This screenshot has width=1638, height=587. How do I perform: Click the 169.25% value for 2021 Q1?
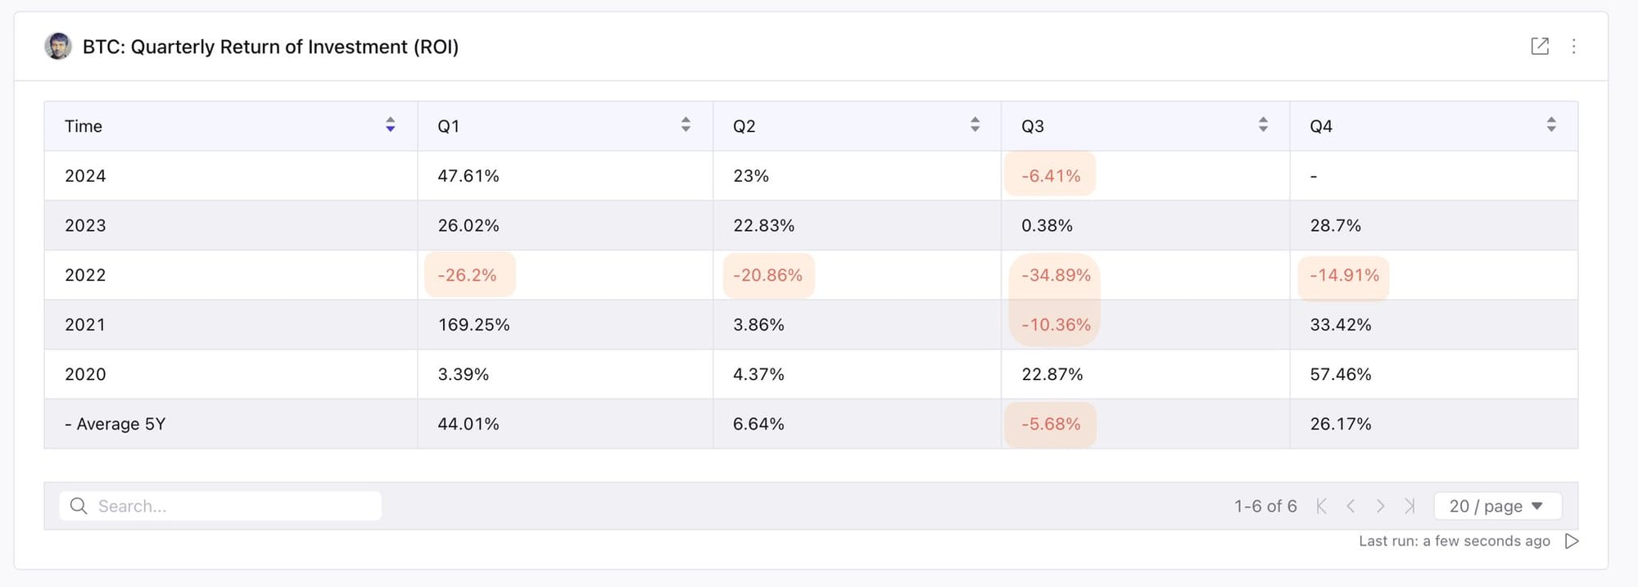point(473,325)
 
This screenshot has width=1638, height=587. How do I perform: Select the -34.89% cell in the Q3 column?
point(1056,275)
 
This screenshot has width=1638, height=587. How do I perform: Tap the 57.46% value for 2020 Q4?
point(1340,374)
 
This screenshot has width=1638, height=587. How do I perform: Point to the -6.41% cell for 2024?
point(1051,176)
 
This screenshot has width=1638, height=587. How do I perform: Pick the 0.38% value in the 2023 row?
point(1047,225)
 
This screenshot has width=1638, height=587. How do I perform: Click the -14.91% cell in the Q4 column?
point(1344,275)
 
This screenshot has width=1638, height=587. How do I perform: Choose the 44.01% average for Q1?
point(468,424)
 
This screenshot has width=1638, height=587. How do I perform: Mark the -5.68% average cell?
point(1051,424)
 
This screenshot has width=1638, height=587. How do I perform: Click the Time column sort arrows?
point(391,124)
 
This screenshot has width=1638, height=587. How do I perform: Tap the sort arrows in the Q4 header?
point(1551,124)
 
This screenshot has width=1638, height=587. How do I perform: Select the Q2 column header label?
point(744,126)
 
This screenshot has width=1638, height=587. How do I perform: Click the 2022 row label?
point(85,275)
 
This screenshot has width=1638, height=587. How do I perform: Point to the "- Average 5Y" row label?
point(115,424)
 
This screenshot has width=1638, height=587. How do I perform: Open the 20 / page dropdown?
point(1497,506)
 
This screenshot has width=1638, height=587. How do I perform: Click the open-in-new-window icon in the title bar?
point(1540,46)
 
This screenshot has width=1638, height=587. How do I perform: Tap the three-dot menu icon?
point(1573,46)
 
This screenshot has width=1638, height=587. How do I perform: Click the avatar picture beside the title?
point(58,46)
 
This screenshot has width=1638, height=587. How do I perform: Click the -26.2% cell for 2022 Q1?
point(467,275)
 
